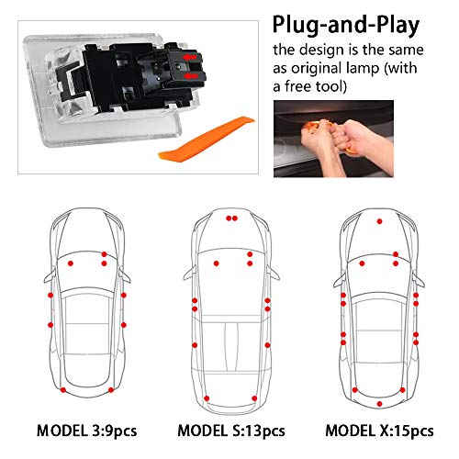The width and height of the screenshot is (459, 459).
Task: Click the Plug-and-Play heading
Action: pos(346,25)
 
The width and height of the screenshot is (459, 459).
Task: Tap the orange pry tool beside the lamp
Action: pos(207,139)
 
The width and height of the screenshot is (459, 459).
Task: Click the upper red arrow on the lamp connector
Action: pos(190,57)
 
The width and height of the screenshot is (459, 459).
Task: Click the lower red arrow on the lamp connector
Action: pos(190,75)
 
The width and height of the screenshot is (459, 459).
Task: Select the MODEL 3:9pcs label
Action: pos(86,431)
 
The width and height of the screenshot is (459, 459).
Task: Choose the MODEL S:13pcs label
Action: pos(231,431)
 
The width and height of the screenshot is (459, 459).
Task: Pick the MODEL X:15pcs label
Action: pos(379,431)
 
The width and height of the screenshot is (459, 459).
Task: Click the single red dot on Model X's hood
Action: pos(380,221)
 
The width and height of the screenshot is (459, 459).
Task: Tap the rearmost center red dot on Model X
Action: pos(380,404)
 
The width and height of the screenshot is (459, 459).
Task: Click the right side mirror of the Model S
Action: pos(273,273)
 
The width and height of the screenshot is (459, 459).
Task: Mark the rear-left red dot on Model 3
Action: pos(63,390)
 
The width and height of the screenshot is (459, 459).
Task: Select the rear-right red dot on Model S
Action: pos(254,398)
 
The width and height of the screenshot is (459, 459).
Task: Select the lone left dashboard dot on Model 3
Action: pos(71,263)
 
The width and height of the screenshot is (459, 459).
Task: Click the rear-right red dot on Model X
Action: pos(402,390)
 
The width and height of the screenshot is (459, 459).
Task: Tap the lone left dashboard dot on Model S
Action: pos(217,263)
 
